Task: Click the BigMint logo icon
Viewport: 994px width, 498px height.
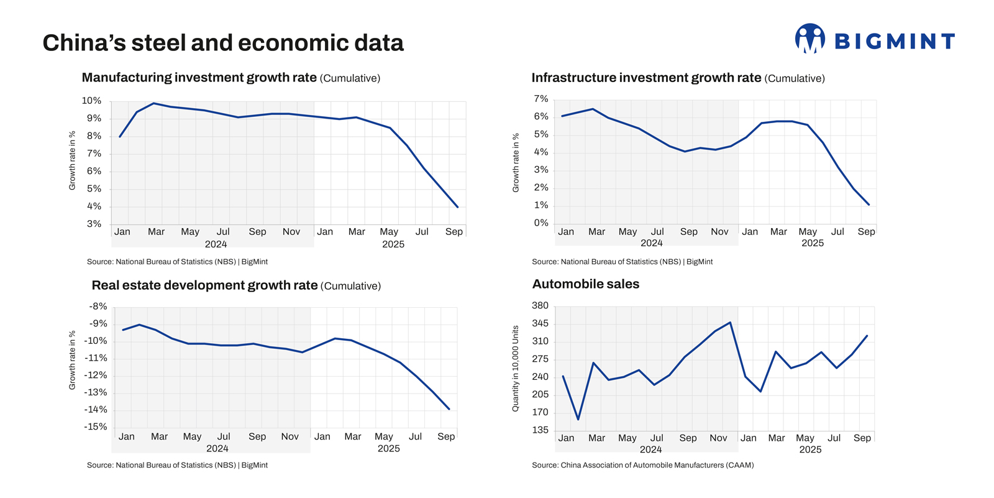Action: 809,39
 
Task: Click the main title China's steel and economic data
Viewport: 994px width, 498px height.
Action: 223,43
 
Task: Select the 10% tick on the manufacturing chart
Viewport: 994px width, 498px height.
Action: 92,101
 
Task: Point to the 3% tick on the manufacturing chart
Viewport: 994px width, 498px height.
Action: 94,224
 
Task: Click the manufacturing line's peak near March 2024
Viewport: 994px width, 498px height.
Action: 153,103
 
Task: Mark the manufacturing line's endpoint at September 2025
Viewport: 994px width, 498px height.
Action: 458,207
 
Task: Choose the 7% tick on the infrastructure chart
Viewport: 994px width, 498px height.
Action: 541,99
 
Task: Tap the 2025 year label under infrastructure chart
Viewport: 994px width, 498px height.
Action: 812,243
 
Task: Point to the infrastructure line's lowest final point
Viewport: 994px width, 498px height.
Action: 869,205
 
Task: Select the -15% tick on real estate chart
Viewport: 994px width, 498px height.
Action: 96,427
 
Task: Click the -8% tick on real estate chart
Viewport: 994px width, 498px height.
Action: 98,307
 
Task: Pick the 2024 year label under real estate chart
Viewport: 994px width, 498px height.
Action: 217,448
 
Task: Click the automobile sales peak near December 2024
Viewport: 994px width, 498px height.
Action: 730,322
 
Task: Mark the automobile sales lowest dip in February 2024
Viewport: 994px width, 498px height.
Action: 578,420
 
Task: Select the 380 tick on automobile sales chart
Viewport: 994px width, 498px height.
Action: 540,305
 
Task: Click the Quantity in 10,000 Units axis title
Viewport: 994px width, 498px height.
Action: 515,368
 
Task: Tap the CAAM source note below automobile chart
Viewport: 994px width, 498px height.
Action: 642,465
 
